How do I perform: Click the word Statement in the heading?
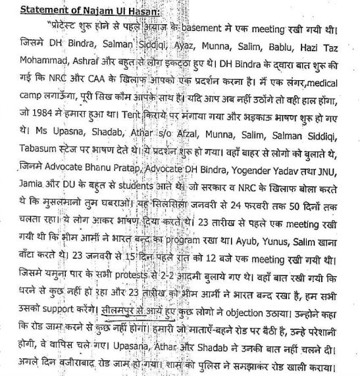point(35,9)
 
